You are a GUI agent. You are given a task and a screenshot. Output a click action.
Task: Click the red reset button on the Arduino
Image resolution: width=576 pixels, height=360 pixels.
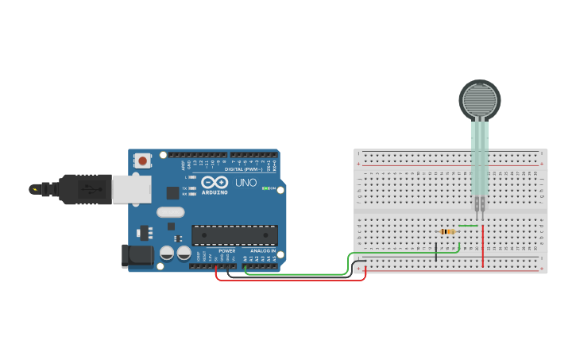142,161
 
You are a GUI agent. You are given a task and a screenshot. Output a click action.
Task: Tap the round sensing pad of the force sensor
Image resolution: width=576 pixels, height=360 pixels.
480,100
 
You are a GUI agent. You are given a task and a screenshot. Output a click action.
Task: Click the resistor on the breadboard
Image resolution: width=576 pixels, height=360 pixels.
447,231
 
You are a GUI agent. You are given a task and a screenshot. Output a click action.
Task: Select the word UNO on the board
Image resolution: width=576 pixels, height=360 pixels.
246,183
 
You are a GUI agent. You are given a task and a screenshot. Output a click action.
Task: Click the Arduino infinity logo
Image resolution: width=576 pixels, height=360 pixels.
215,182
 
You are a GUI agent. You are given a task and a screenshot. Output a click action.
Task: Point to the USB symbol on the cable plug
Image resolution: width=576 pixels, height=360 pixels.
91,189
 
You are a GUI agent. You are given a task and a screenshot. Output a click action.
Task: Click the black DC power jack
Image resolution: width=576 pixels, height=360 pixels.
136,254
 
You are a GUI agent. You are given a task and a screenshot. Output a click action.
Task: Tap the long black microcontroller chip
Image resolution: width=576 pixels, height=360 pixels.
234,234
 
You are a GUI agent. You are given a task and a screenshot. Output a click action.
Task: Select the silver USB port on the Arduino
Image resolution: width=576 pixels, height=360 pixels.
131,189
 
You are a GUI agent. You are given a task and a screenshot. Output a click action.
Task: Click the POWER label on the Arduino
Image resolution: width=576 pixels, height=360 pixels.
226,250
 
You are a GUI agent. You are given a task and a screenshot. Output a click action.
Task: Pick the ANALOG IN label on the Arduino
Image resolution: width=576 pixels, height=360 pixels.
263,250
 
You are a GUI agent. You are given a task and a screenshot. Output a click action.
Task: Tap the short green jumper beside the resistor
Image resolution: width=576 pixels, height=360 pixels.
469,226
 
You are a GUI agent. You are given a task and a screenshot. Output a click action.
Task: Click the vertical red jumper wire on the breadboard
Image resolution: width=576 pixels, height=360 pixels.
483,246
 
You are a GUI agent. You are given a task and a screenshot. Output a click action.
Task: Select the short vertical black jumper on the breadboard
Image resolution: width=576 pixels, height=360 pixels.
435,253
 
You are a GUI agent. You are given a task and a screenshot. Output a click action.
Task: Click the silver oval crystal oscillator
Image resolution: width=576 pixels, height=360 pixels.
170,212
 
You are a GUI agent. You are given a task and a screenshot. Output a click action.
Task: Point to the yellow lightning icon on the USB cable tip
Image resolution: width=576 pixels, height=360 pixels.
34,189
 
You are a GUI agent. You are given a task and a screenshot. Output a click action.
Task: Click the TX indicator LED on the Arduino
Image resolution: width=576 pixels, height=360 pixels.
191,188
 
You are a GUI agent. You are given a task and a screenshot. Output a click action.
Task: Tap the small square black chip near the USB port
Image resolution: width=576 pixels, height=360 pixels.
172,192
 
